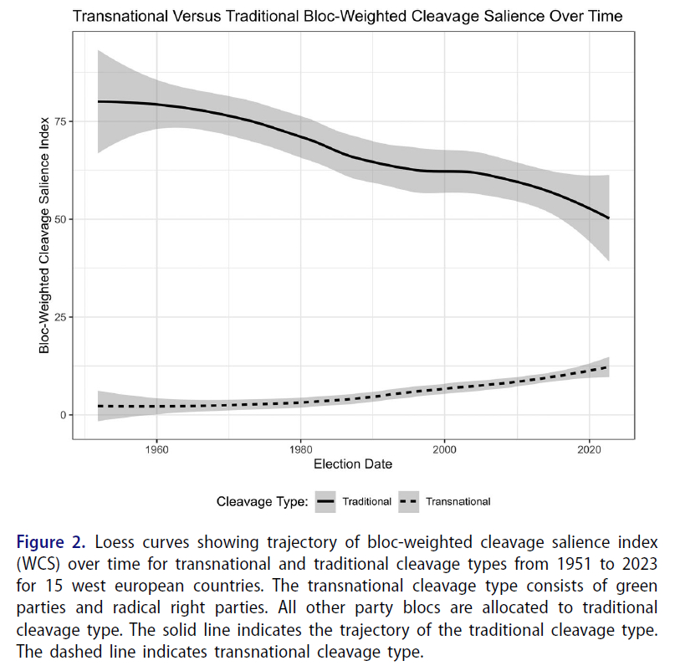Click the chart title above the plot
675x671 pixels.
(348, 16)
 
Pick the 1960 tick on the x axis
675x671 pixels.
(156, 448)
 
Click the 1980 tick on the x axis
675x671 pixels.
(301, 448)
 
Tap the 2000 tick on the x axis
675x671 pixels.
(445, 448)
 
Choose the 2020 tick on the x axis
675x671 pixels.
(590, 448)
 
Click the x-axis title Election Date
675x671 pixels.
(352, 464)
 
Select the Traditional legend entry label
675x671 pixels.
(366, 502)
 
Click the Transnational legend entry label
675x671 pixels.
(458, 502)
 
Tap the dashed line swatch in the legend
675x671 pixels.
(409, 502)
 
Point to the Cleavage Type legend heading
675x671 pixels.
(263, 502)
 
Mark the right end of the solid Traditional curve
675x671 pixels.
(609, 218)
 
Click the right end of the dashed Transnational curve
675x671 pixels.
(609, 366)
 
